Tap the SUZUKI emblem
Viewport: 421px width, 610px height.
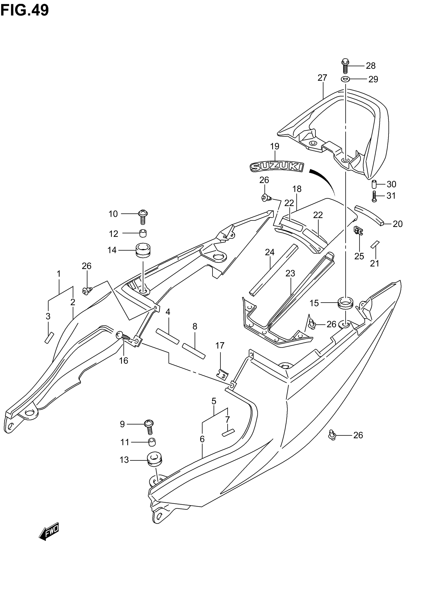pyautogui.click(x=277, y=167)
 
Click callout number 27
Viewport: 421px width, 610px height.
pyautogui.click(x=322, y=78)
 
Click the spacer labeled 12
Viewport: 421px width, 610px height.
pyautogui.click(x=143, y=233)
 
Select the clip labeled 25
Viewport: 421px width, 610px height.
pyautogui.click(x=358, y=231)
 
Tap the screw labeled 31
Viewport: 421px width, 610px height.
pyautogui.click(x=374, y=196)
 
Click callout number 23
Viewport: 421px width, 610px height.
pyautogui.click(x=290, y=273)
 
